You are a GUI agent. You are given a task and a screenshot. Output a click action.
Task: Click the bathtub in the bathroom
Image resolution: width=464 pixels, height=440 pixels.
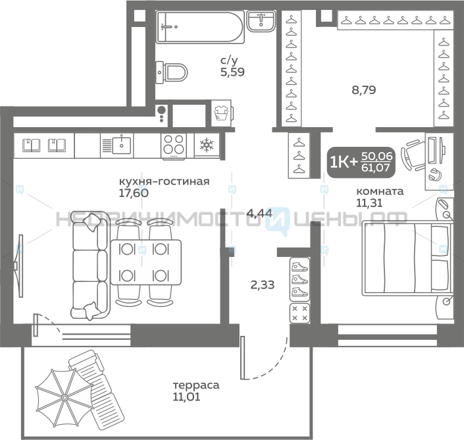click(x=200, y=27)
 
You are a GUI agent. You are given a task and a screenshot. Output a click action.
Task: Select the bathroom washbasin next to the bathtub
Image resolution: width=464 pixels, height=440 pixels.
click(x=261, y=20)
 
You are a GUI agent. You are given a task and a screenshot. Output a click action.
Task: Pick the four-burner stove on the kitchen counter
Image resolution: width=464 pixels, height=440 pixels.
click(x=174, y=146)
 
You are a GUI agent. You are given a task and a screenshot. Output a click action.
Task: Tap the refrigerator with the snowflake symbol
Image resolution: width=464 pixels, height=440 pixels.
click(x=207, y=146)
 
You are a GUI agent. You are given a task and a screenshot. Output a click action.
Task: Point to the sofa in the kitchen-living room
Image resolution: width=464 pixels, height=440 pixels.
click(x=90, y=265)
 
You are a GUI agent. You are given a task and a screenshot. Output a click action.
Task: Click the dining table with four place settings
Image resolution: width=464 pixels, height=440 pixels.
click(x=146, y=262)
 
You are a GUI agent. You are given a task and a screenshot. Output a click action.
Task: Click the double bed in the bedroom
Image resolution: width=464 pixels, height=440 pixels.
click(x=407, y=258)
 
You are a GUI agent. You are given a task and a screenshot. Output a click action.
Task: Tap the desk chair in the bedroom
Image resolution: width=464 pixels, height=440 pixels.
click(x=413, y=155)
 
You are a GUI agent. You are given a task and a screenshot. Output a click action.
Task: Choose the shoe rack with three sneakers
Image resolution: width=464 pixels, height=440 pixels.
click(x=299, y=279)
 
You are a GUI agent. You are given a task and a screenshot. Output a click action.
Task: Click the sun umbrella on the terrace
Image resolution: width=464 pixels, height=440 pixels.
click(x=64, y=397)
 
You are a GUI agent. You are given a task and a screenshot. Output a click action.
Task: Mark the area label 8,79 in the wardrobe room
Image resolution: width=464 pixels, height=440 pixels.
click(x=364, y=90)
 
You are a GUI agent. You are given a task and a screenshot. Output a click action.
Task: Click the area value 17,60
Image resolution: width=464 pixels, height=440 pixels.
click(x=134, y=193)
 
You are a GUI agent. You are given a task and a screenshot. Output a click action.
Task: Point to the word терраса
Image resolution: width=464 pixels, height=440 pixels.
click(x=196, y=385)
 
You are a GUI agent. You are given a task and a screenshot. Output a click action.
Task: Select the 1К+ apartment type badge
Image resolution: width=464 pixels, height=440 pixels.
click(x=361, y=162)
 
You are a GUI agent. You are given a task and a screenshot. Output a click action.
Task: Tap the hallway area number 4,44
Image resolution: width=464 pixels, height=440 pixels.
click(x=259, y=213)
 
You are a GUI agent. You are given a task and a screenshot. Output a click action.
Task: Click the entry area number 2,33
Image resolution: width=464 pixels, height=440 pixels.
click(x=263, y=285)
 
